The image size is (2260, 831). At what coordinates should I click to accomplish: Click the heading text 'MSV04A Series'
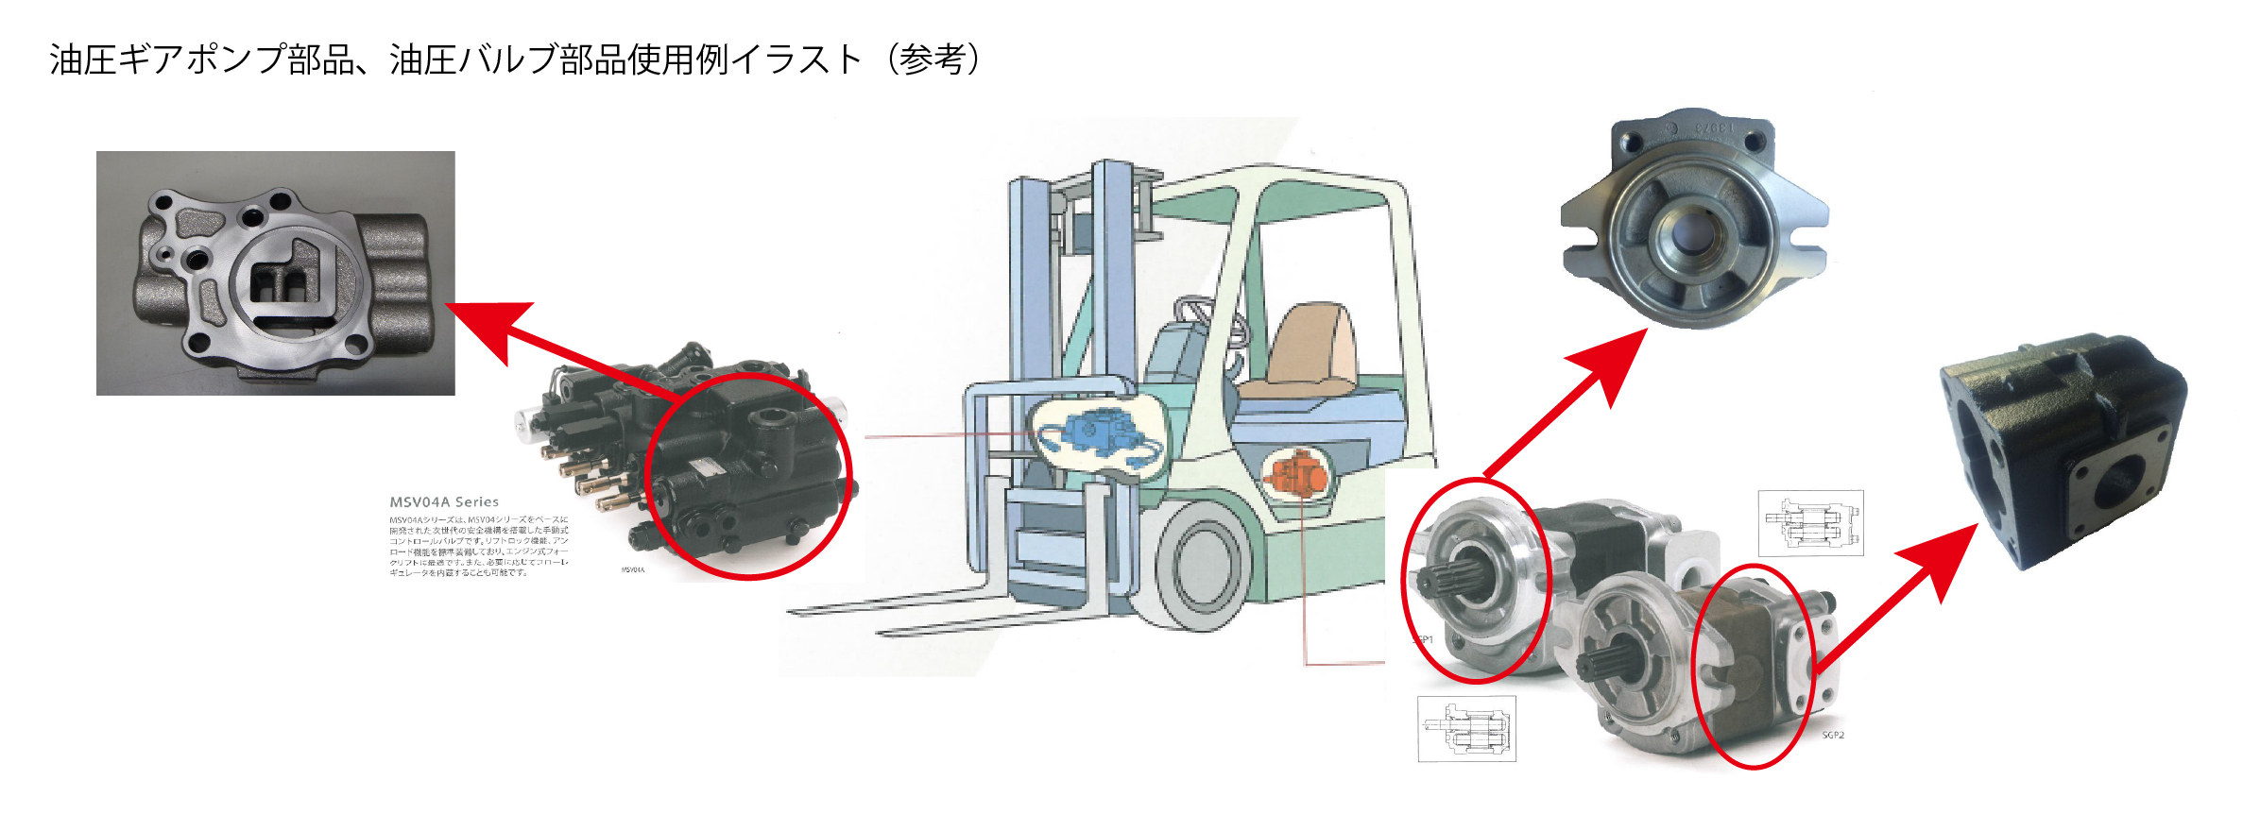click(x=444, y=502)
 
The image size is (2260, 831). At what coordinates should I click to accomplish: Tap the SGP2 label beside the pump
click(x=1833, y=735)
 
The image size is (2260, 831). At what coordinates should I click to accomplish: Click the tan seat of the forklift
click(x=1309, y=349)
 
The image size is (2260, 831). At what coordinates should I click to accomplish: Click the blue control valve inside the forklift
click(x=1096, y=434)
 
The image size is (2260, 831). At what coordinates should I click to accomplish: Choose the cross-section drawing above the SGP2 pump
click(x=1810, y=523)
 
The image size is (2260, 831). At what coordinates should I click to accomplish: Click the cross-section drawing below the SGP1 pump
click(x=1466, y=729)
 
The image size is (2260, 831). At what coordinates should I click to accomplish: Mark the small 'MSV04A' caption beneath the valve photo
click(x=633, y=570)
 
